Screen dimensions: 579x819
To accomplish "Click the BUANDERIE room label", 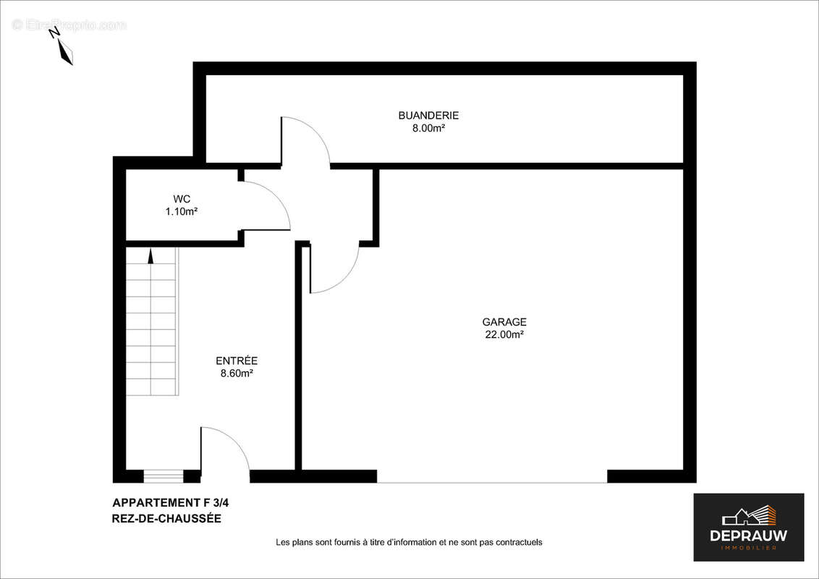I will pyautogui.click(x=428, y=115).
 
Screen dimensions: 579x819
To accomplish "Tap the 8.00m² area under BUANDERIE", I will pyautogui.click(x=428, y=128).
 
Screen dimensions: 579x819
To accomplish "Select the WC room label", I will pyautogui.click(x=182, y=199).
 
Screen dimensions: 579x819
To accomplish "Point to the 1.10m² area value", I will pyautogui.click(x=182, y=212).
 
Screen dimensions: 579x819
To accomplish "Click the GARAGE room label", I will pyautogui.click(x=504, y=322).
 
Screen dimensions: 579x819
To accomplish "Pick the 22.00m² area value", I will pyautogui.click(x=504, y=335).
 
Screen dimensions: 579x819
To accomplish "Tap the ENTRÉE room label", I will pyautogui.click(x=237, y=360).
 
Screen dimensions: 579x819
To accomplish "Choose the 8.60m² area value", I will pyautogui.click(x=237, y=373).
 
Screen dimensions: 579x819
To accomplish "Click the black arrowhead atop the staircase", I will pyautogui.click(x=150, y=255).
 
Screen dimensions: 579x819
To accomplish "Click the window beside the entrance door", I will pyautogui.click(x=164, y=476).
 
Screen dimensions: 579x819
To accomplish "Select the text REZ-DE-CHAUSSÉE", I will pyautogui.click(x=166, y=518).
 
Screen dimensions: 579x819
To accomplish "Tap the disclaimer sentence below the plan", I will pyautogui.click(x=409, y=542).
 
